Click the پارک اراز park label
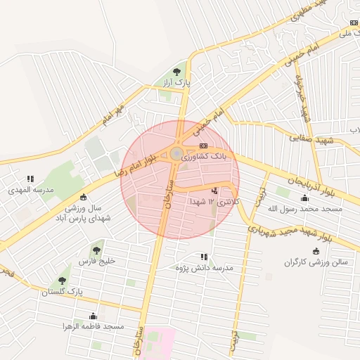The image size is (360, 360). point(177,83)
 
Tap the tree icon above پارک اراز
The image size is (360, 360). point(177,71)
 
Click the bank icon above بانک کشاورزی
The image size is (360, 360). point(203,146)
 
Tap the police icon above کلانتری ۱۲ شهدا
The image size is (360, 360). point(214,191)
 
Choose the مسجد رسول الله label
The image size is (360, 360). point(305,209)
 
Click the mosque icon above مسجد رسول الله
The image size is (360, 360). point(304,198)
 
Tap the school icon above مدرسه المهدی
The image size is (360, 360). point(30,179)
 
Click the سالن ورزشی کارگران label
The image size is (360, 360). point(316,262)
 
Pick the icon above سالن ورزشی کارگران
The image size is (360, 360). point(316,251)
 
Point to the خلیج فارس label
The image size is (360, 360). point(96,261)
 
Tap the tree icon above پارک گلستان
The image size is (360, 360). point(63,280)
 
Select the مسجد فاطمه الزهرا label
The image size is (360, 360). point(94,327)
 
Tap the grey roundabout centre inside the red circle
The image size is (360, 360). point(176,153)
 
